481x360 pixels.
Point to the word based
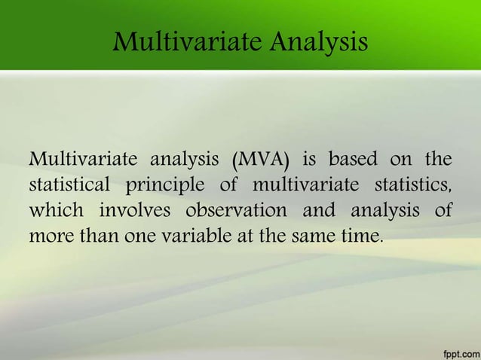[353, 160]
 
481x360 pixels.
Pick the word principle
[168, 186]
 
